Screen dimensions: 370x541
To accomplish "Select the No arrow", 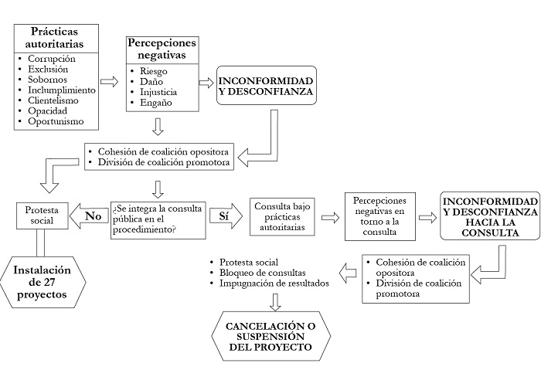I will [90, 216].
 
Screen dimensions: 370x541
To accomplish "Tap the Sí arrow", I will [224, 216].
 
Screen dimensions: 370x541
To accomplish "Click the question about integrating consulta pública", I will [160, 216].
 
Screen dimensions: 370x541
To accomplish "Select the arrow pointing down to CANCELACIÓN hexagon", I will [271, 301].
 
